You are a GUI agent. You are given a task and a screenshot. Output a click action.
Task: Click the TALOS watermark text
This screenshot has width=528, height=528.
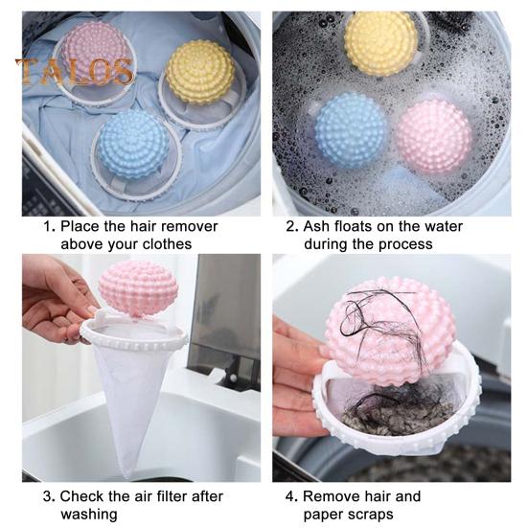coord(74,70)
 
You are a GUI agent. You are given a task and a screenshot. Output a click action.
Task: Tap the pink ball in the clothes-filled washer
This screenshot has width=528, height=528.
coord(93,59)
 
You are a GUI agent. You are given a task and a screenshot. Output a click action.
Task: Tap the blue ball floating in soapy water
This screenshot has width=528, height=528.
coord(351,131)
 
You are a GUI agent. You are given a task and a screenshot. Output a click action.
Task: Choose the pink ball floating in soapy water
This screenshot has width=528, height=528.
coord(433,132)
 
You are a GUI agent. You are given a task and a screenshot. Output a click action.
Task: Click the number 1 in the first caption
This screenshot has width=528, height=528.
coord(47,227)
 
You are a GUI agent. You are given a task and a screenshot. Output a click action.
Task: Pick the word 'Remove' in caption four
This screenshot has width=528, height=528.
coord(332,496)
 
